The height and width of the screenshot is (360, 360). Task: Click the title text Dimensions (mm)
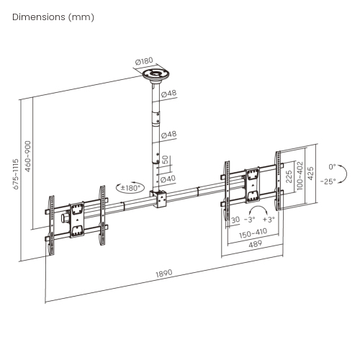click(53, 17)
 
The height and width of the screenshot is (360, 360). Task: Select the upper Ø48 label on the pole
click(169, 94)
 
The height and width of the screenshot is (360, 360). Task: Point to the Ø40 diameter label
click(168, 179)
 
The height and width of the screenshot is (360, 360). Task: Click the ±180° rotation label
click(130, 188)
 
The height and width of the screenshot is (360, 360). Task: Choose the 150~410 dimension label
click(253, 232)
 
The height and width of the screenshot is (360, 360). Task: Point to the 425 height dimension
click(310, 174)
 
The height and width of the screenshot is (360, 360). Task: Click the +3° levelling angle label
click(269, 219)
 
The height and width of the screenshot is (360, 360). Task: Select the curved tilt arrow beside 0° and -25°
click(343, 174)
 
